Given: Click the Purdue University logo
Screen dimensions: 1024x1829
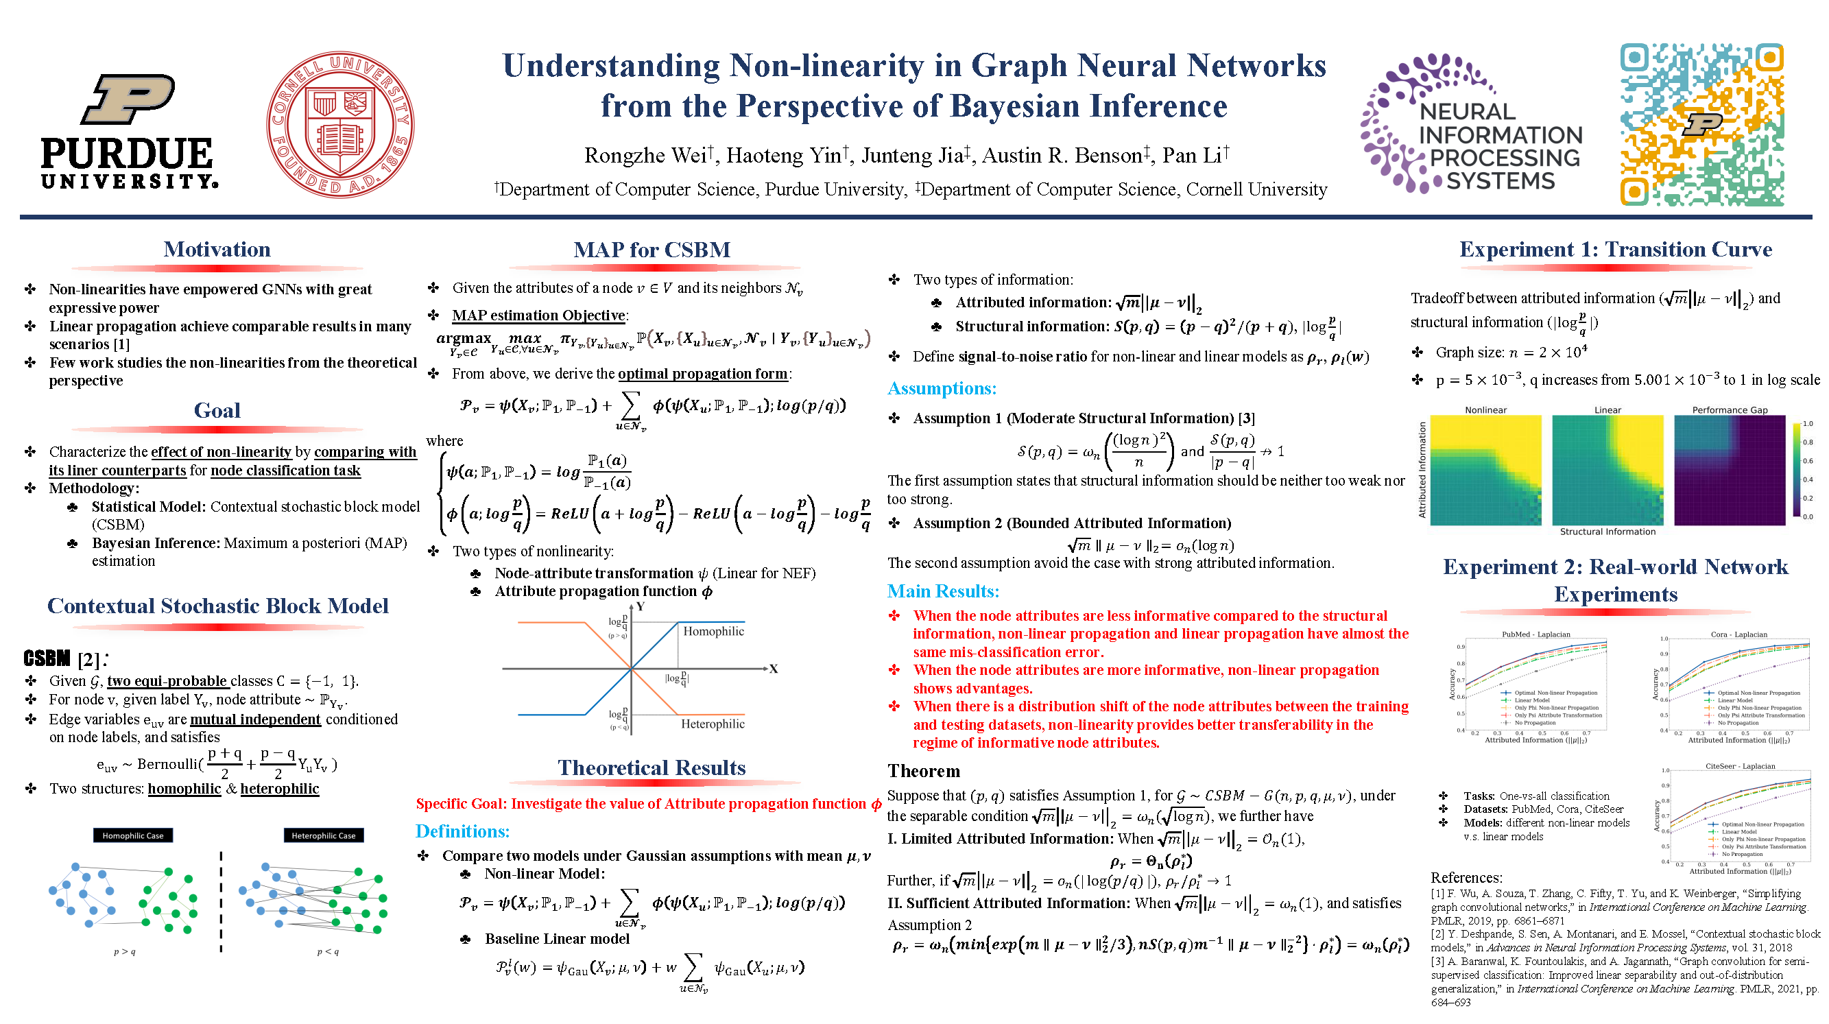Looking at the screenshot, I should coord(129,132).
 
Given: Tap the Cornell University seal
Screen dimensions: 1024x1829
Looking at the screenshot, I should coord(340,124).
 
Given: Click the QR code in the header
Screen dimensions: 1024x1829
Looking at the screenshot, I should coord(1702,125).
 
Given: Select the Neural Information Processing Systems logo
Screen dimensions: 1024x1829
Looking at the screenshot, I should coord(1472,125).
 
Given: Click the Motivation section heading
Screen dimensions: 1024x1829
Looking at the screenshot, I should coord(217,250).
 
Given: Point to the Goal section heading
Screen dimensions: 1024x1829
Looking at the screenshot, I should coord(217,410).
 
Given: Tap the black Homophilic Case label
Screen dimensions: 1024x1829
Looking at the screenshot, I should coord(133,836).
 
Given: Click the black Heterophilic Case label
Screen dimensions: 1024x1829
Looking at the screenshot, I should coord(324,836).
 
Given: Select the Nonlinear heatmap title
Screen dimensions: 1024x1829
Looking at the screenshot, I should coord(1485,409).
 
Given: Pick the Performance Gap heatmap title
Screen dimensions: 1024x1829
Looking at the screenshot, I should coord(1730,409).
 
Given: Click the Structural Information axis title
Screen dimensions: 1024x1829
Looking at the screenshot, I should coord(1607,531).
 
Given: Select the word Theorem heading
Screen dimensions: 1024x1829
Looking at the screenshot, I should coord(924,771).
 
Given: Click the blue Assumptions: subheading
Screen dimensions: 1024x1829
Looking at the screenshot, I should coord(942,388).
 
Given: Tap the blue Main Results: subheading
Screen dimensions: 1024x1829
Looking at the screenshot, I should coord(943,591).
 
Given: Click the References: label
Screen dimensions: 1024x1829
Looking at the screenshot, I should coord(1466,878).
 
